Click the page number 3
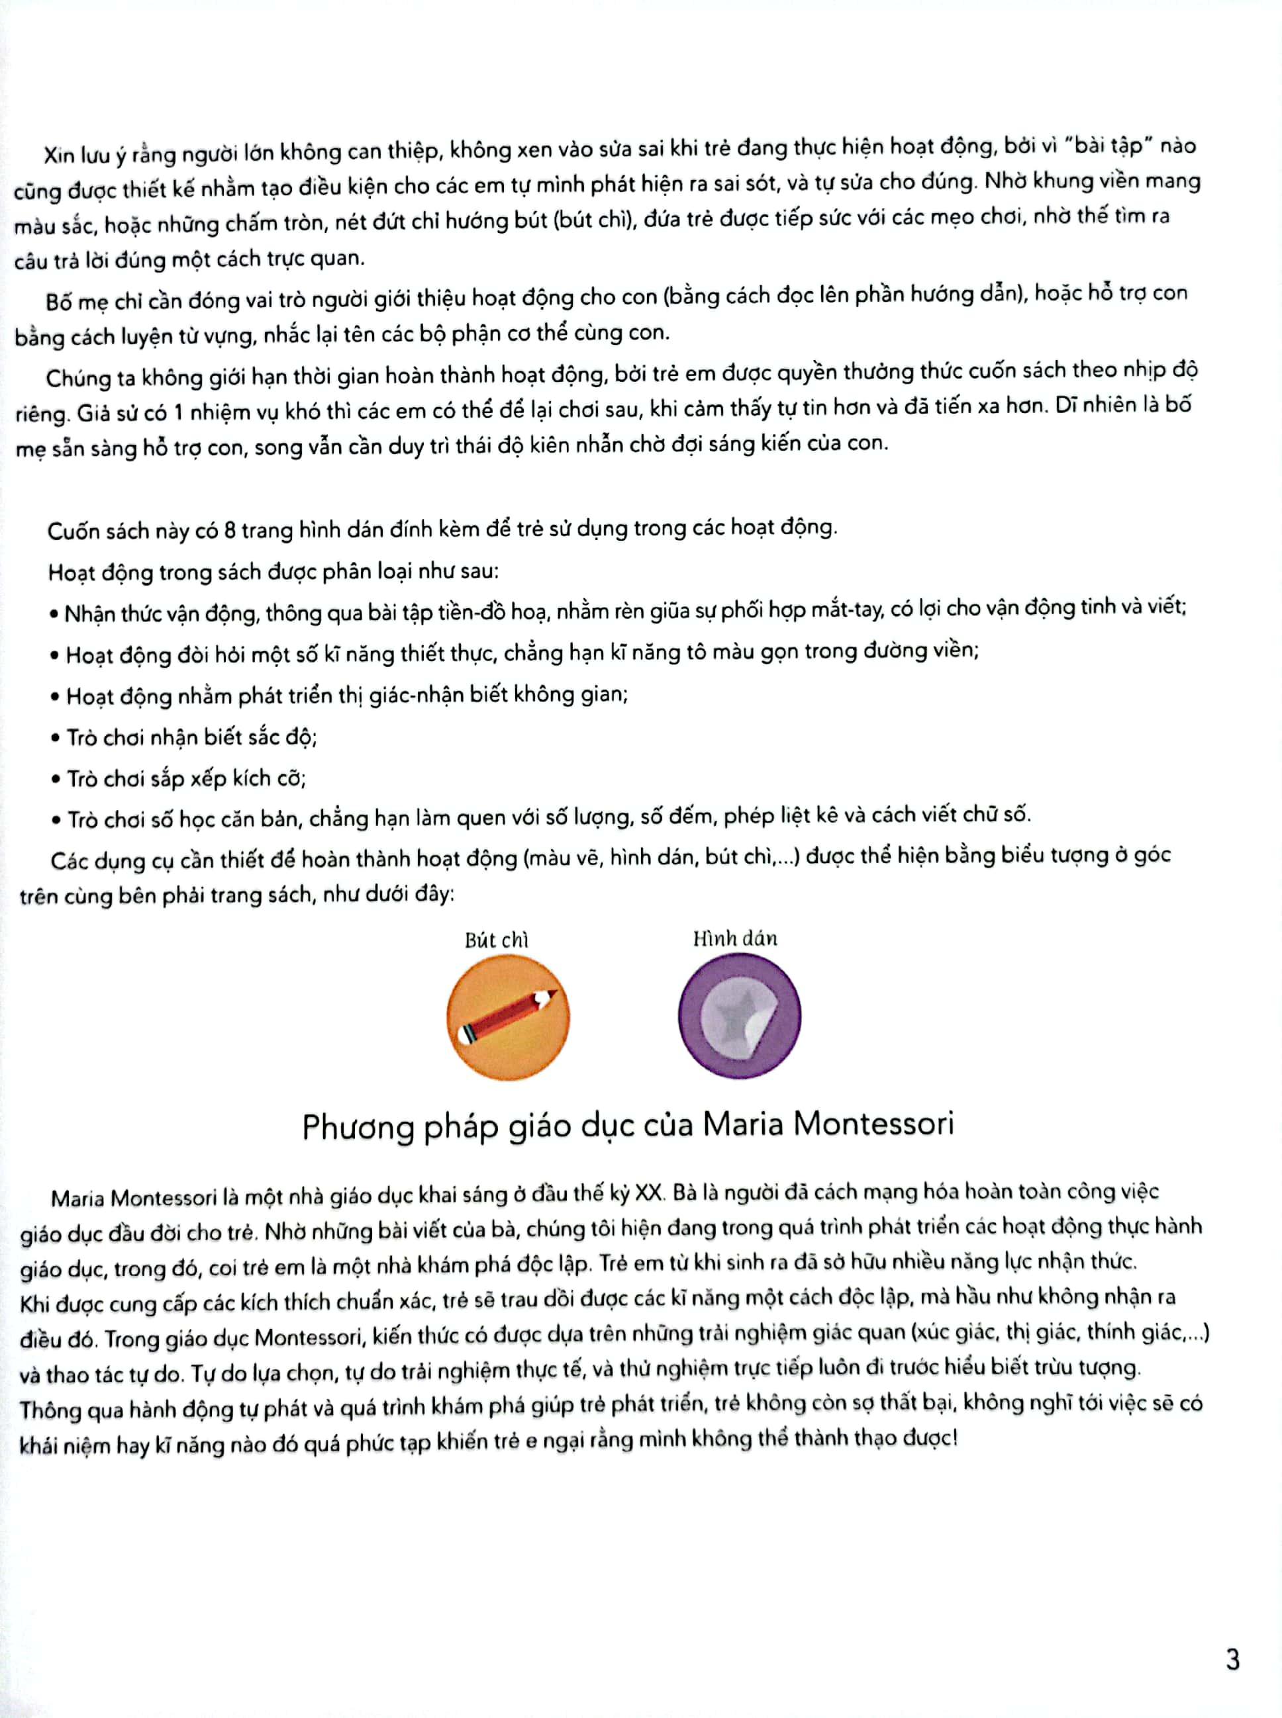pos(1232,1660)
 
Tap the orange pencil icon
pos(509,1017)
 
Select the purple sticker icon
pos(739,1015)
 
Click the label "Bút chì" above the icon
pos(496,940)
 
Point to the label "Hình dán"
pos(735,938)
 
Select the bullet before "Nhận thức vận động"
pos(54,614)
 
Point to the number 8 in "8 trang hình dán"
pos(229,531)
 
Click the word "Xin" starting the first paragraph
pos(58,154)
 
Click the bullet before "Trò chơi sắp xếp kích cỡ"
pos(55,778)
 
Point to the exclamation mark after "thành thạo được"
pos(954,1437)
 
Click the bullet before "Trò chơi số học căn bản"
pos(56,820)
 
